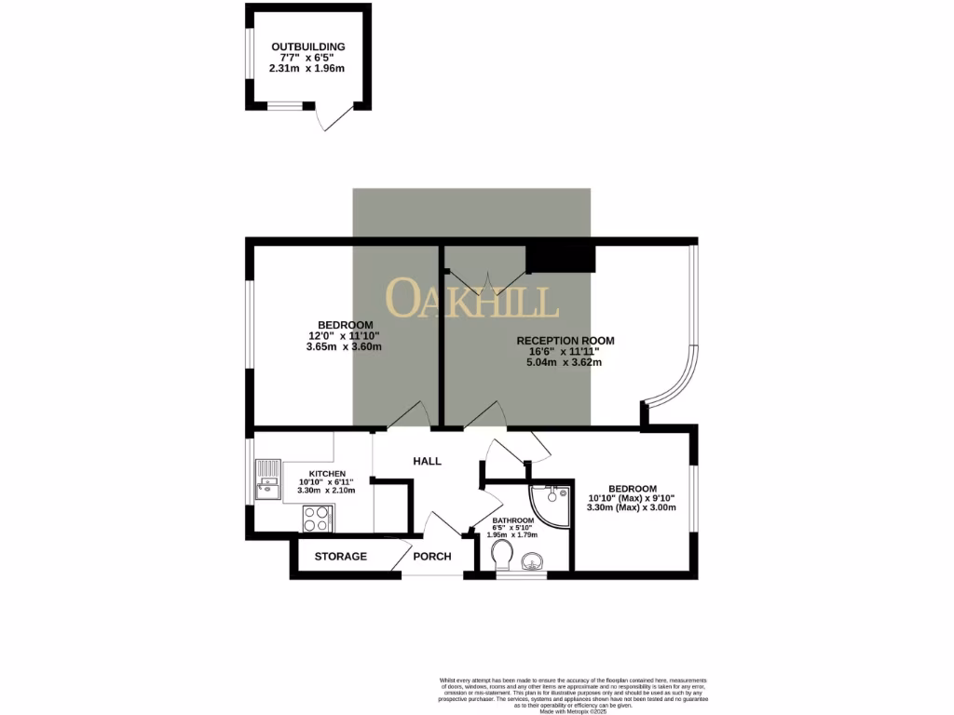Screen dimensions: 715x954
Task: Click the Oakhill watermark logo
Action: click(x=472, y=299)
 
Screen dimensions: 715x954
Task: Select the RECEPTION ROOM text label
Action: click(x=566, y=341)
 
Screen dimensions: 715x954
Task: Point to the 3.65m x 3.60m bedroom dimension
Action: click(x=344, y=346)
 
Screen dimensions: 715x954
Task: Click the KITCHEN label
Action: click(x=320, y=473)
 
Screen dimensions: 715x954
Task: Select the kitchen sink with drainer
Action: click(x=268, y=478)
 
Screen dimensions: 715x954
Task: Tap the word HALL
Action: click(x=427, y=461)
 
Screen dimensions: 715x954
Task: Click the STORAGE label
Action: click(x=340, y=557)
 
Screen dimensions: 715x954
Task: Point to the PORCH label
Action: click(x=433, y=557)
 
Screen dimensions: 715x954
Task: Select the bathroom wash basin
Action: click(x=534, y=562)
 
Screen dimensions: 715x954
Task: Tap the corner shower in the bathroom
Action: click(x=552, y=503)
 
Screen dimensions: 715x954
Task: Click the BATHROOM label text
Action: click(x=513, y=520)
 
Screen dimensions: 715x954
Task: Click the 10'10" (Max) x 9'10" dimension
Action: click(x=633, y=499)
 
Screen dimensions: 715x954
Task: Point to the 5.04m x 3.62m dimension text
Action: click(x=566, y=362)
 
